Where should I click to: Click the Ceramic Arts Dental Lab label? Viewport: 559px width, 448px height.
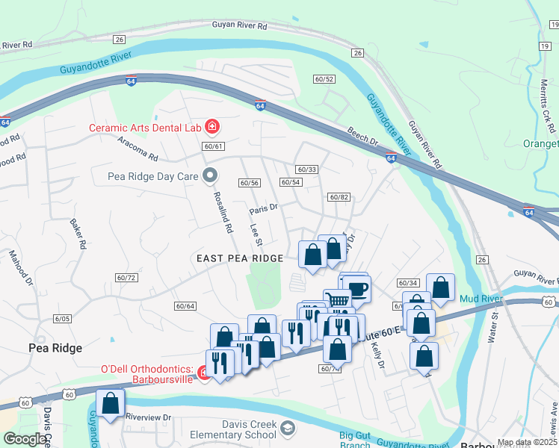[145, 128]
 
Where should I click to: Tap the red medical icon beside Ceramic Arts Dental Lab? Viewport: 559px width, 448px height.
[212, 127]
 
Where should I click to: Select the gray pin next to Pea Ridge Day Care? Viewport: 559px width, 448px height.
[211, 177]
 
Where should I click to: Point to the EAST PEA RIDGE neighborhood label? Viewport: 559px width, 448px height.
[240, 258]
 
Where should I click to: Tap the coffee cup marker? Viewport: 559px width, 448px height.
[357, 289]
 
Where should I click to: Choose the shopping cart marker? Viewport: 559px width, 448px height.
[338, 300]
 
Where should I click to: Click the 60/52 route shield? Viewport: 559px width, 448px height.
[324, 79]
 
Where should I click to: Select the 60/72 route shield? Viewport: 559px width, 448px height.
[127, 278]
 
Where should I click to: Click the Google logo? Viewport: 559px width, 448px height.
[25, 439]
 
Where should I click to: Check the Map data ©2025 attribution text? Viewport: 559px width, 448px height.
[527, 442]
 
